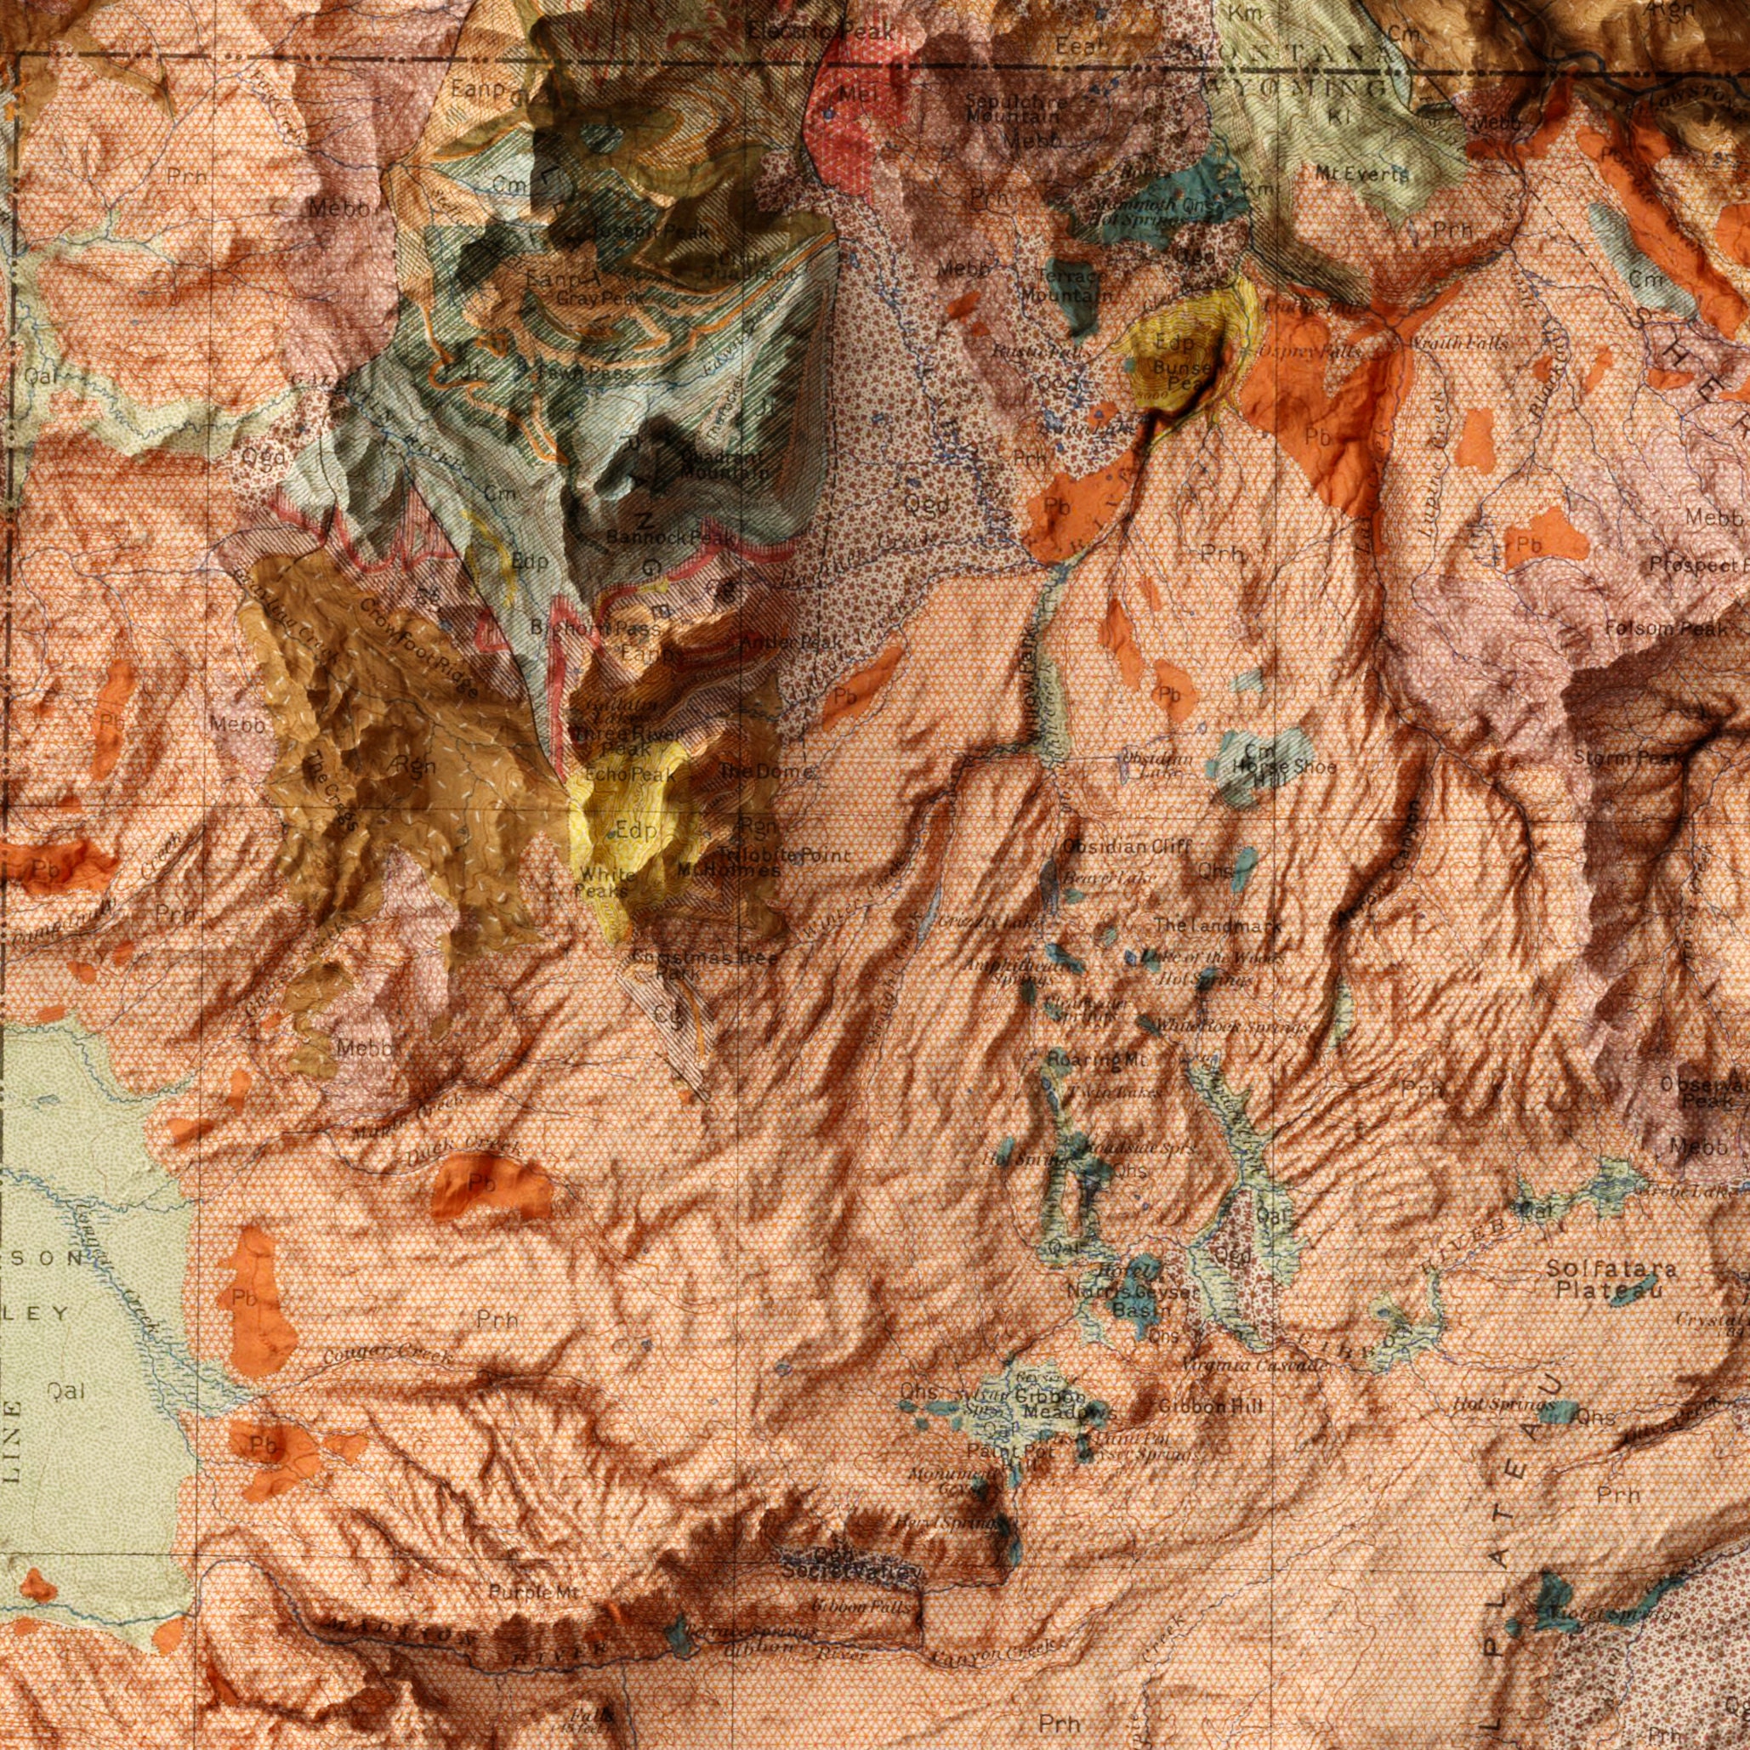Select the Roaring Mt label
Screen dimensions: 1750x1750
click(x=1084, y=1059)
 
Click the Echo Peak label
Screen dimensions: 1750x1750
click(x=629, y=776)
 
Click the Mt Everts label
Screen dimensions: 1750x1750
click(x=1363, y=174)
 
